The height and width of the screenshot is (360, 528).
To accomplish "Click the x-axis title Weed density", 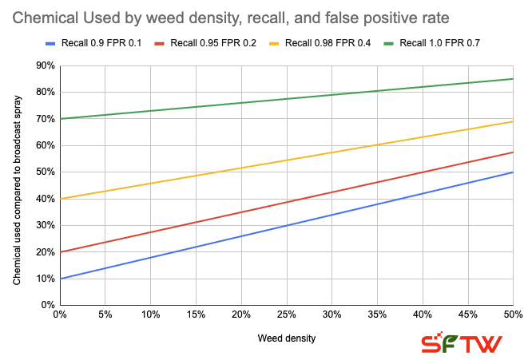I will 286,338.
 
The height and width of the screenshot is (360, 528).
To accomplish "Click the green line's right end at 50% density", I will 512,78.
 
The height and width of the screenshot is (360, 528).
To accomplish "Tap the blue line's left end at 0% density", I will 60,279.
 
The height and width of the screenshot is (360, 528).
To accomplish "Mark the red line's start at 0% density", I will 60,252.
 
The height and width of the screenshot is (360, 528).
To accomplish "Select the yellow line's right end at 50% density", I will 512,121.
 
